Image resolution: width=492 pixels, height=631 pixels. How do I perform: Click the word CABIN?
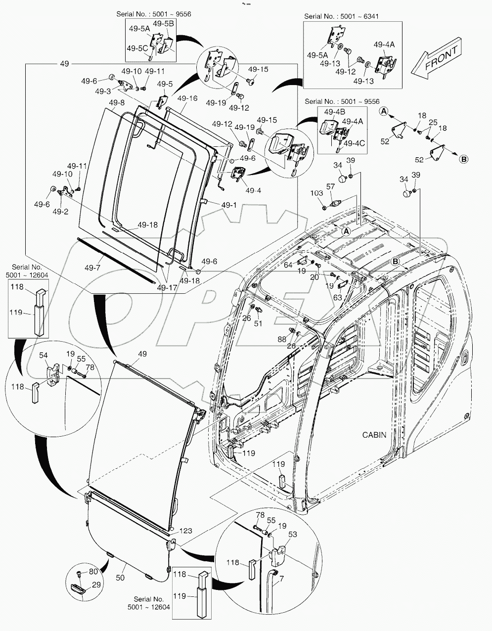(374, 435)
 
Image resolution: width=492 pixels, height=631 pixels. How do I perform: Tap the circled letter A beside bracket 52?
(383, 111)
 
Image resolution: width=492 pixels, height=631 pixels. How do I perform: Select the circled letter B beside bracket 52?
(464, 159)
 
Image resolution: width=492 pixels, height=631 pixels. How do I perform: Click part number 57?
(331, 187)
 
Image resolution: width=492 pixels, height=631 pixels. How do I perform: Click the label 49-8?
(117, 102)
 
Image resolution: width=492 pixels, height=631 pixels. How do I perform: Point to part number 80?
(93, 573)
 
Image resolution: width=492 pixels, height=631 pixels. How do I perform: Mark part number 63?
(337, 298)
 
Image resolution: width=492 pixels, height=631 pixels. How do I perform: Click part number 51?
(258, 323)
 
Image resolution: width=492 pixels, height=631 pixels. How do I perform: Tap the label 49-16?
(187, 98)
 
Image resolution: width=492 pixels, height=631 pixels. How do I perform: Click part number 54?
(44, 355)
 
